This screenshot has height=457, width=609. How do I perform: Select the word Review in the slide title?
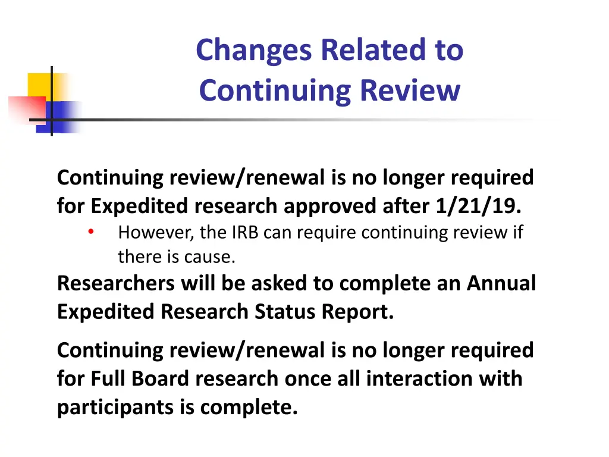410,91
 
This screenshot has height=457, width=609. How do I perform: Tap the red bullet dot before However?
91,232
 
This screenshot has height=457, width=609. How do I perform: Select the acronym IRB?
244,232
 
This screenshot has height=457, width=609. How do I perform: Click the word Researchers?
116,283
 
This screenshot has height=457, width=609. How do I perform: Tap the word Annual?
501,283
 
